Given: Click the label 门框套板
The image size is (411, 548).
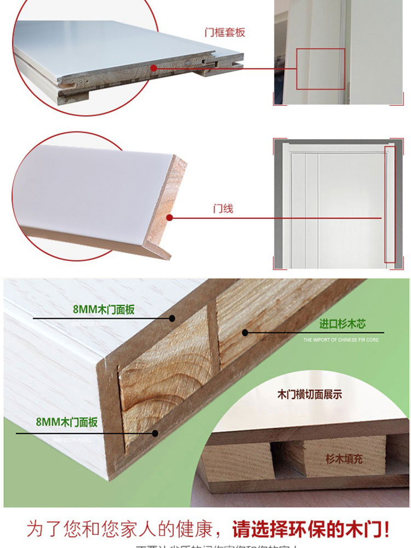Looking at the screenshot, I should point(225,32).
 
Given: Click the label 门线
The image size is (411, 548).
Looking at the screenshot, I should point(223,209).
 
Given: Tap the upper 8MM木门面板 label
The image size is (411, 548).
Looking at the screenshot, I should point(104,310).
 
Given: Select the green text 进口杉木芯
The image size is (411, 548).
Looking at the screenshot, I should point(342,324).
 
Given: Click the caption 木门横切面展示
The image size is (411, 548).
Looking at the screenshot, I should point(310,394).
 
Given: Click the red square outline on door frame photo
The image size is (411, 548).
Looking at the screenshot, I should point(321,68).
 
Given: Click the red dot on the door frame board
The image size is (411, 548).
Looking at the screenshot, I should point(154,68).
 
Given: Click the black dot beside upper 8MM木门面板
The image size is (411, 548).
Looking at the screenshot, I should point(172,318).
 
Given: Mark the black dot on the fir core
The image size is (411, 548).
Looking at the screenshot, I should point(246,332).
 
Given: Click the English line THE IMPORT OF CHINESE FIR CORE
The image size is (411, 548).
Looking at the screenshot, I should point(341,340).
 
